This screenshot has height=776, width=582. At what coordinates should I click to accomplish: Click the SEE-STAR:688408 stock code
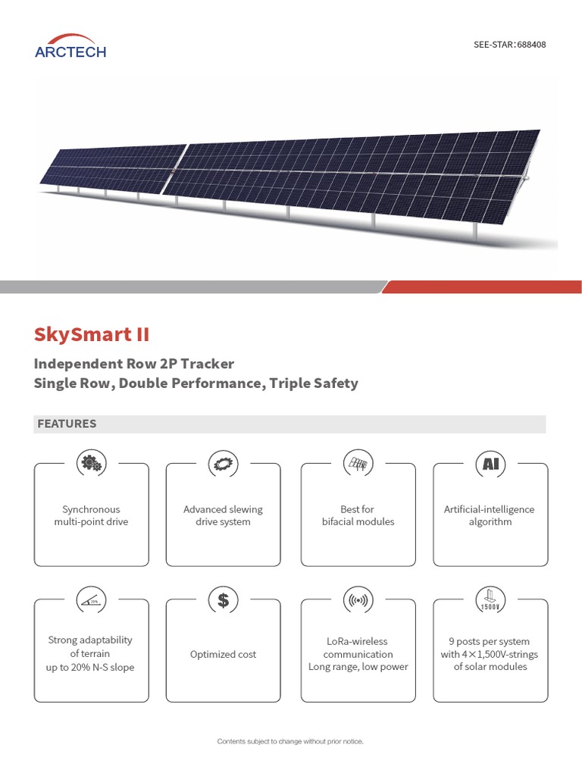click(x=509, y=45)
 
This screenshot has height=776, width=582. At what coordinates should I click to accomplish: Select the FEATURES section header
click(x=67, y=424)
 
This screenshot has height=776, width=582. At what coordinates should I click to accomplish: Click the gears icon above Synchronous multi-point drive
click(x=92, y=463)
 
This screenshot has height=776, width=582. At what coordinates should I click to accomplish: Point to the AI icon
click(x=490, y=463)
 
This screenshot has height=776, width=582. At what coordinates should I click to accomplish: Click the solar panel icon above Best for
click(x=358, y=463)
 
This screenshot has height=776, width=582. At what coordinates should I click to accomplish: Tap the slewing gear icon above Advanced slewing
click(x=223, y=463)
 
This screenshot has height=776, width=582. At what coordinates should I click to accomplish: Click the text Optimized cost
click(x=223, y=654)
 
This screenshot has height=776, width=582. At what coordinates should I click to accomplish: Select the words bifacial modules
click(x=358, y=521)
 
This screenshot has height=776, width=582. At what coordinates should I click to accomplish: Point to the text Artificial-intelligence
click(x=489, y=509)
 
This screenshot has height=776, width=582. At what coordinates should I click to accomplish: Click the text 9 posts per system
click(x=490, y=641)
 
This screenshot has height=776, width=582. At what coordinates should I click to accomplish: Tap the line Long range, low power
click(x=358, y=667)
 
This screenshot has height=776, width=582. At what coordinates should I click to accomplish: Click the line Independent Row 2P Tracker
click(x=134, y=364)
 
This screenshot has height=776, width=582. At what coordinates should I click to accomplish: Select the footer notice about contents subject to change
click(x=291, y=741)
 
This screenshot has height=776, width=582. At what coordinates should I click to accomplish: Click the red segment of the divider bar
click(x=485, y=287)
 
